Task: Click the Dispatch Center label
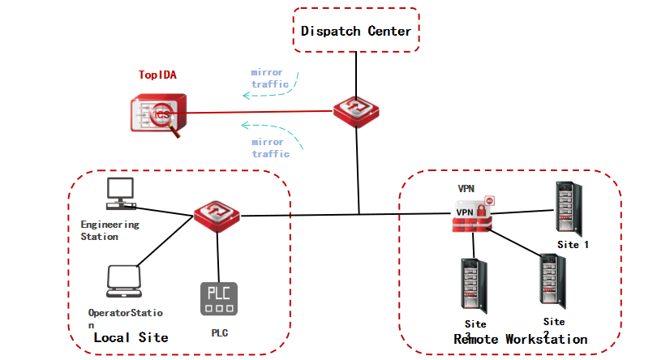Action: pyautogui.click(x=356, y=31)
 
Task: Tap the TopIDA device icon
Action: pyautogui.click(x=160, y=114)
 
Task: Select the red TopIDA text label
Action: pyautogui.click(x=157, y=75)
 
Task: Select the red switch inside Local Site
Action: pyautogui.click(x=217, y=216)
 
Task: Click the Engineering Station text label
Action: pyautogui.click(x=110, y=230)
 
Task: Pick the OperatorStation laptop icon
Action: pyautogui.click(x=124, y=281)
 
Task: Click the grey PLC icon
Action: pyautogui.click(x=218, y=298)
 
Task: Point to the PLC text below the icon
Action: pyautogui.click(x=220, y=332)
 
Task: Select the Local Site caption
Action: pyautogui.click(x=131, y=337)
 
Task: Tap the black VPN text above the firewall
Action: pyautogui.click(x=466, y=188)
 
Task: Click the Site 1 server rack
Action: pyautogui.click(x=567, y=208)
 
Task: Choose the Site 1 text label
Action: pyautogui.click(x=574, y=243)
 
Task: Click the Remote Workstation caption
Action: pyautogui.click(x=520, y=339)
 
